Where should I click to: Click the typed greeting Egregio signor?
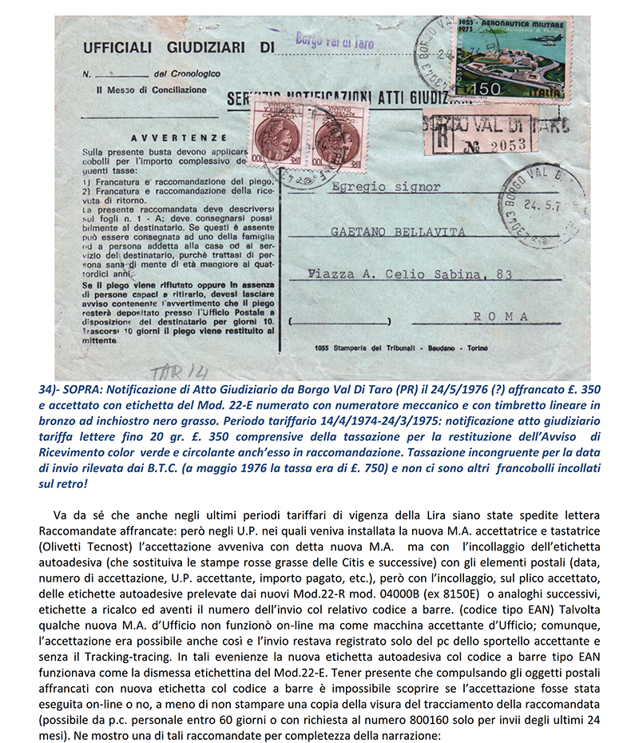pos(384,186)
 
